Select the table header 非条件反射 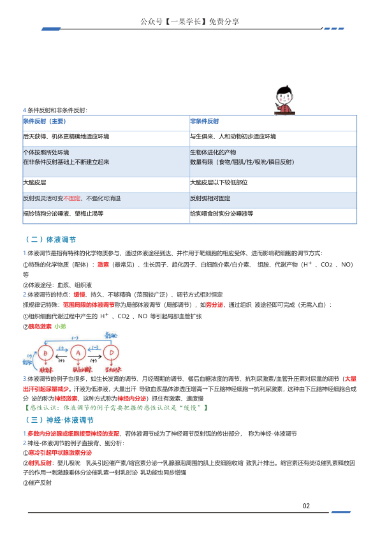(204, 121)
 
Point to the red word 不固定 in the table (72, 198)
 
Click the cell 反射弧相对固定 (210, 198)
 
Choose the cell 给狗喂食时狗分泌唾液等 (221, 214)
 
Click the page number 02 (306, 506)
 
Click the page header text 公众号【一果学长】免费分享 (189, 22)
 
